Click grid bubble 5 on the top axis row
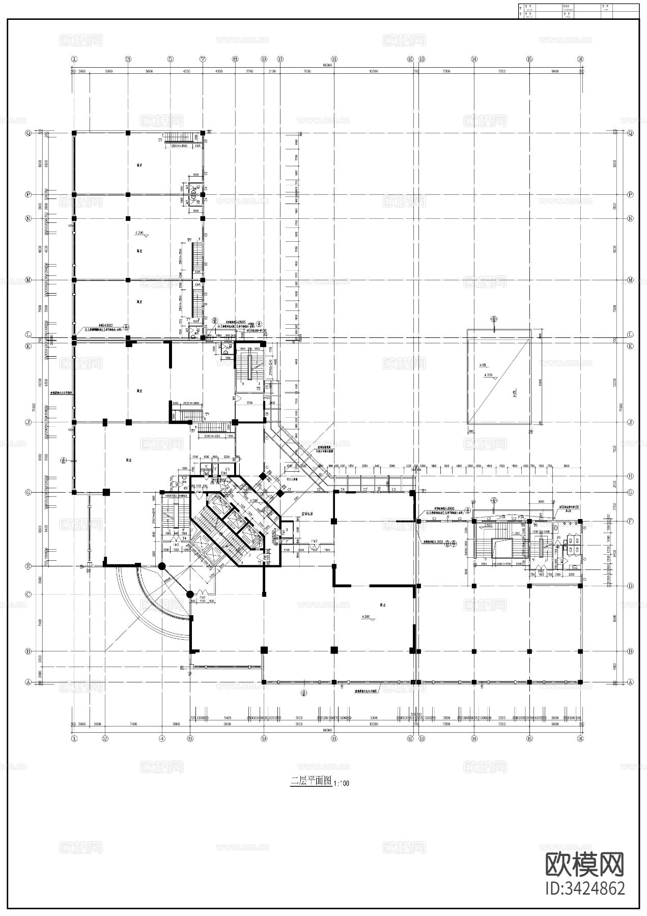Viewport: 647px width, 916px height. pyautogui.click(x=170, y=59)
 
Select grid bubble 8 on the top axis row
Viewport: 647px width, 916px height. pyautogui.click(x=235, y=59)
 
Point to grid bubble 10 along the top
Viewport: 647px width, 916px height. pyautogui.click(x=280, y=59)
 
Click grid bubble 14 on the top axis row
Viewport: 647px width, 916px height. pyautogui.click(x=474, y=59)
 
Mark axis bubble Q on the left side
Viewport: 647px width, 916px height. pyautogui.click(x=29, y=133)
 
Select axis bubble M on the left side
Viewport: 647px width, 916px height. pyautogui.click(x=29, y=280)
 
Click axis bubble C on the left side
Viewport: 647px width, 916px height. pyautogui.click(x=29, y=594)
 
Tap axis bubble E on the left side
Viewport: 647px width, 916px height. pyautogui.click(x=29, y=566)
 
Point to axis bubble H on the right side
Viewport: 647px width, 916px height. pyautogui.click(x=631, y=476)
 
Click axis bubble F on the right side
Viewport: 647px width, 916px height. pyautogui.click(x=631, y=521)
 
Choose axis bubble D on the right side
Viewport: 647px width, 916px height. pyautogui.click(x=631, y=586)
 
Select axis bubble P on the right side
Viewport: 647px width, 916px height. pyautogui.click(x=631, y=194)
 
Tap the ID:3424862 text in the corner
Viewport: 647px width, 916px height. pyautogui.click(x=585, y=888)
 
